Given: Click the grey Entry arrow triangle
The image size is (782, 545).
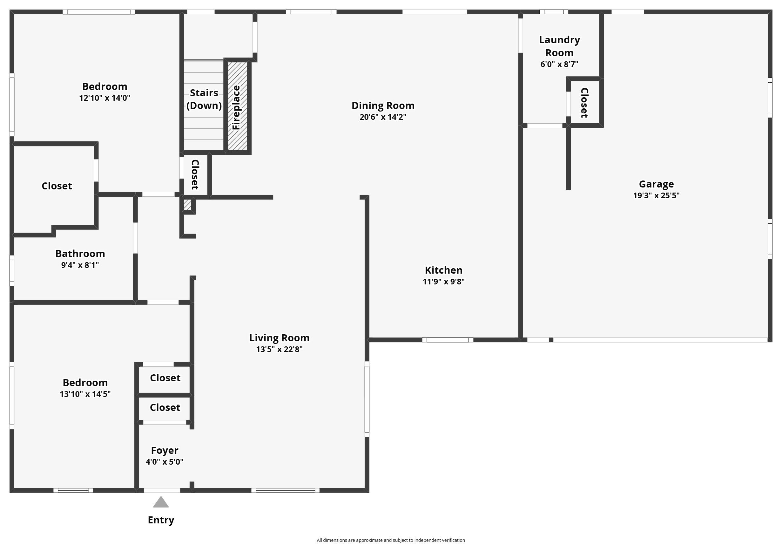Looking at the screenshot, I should [161, 503].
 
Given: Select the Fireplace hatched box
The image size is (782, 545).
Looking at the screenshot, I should [237, 106].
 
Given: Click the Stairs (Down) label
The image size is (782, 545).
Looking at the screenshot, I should [204, 99].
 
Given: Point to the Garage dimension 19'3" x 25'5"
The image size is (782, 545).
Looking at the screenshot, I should [656, 195].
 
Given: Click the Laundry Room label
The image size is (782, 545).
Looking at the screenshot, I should [559, 46].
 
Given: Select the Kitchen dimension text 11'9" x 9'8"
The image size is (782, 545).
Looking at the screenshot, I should [443, 282].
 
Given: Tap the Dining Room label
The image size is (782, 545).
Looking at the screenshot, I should [383, 106].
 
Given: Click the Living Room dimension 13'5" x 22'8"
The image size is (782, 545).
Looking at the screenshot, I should [279, 349].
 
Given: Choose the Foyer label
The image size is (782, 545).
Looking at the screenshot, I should [165, 450].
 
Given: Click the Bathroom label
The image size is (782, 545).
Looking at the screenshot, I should [80, 254].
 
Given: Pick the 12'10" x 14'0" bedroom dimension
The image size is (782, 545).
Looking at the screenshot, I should [104, 98].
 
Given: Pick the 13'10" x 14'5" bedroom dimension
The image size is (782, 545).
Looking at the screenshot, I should [85, 394].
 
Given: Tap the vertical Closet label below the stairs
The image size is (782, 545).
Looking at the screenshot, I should [195, 174].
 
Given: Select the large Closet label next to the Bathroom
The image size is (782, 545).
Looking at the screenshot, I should [57, 186].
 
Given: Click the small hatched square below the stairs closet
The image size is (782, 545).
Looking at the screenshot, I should [187, 205].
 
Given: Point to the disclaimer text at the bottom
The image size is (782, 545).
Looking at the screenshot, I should [391, 540].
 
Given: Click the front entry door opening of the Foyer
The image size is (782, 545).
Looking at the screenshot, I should [162, 490].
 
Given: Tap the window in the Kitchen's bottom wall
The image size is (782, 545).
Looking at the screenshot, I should [448, 340].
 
